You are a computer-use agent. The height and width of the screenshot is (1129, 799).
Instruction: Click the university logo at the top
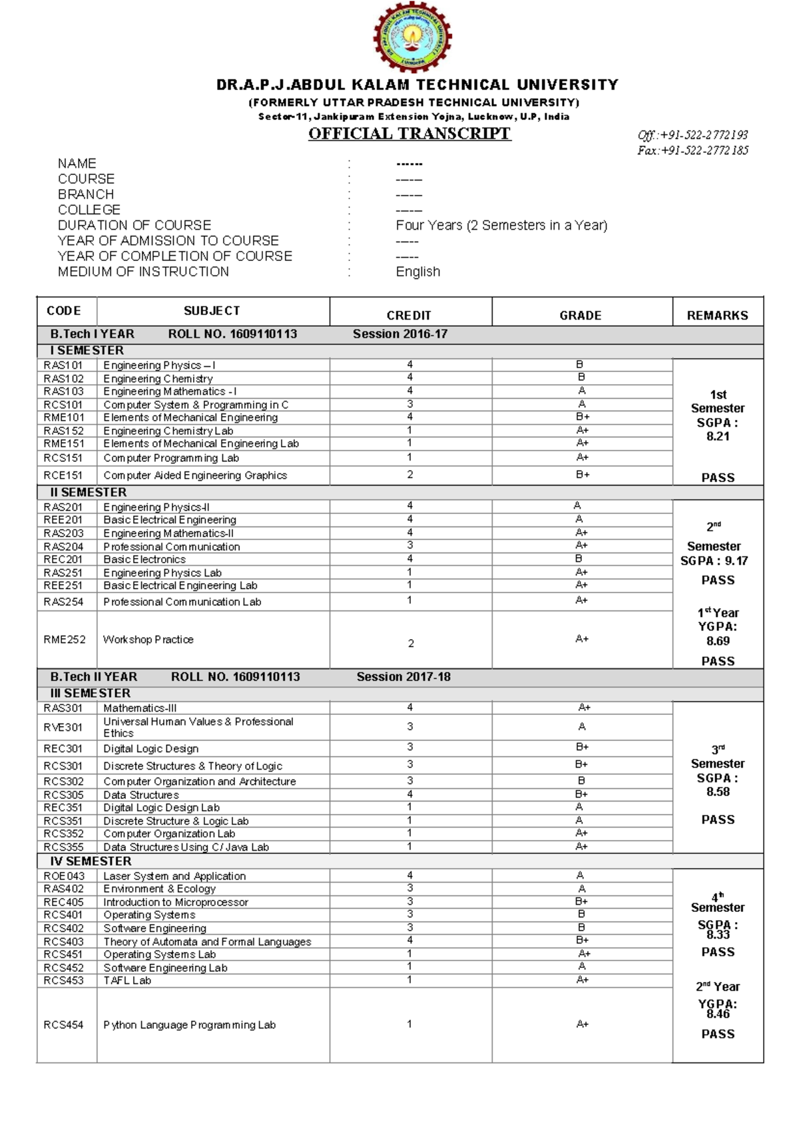tap(412, 37)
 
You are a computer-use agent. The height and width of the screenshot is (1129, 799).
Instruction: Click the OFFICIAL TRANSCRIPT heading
tap(409, 134)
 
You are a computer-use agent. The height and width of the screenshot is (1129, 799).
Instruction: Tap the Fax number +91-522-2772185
tap(692, 150)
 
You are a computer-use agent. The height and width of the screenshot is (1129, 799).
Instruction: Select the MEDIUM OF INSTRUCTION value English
tap(417, 272)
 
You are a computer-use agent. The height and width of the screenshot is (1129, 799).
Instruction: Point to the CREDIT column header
tap(409, 316)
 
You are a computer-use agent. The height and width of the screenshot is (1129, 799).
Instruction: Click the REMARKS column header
tap(717, 316)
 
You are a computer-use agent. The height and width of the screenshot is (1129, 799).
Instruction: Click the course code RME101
tap(64, 417)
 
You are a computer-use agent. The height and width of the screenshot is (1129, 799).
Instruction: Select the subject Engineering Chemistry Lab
tap(168, 431)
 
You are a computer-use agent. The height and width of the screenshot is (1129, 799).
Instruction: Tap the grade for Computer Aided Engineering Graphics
tap(583, 475)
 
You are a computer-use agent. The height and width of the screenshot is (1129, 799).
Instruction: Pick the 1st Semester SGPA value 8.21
tap(718, 437)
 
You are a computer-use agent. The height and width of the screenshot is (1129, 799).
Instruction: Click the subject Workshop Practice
tap(148, 640)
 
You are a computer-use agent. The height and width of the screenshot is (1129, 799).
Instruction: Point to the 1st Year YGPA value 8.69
tap(718, 641)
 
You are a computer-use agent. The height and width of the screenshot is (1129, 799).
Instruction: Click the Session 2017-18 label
tap(403, 677)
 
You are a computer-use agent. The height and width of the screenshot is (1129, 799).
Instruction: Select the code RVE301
tap(63, 728)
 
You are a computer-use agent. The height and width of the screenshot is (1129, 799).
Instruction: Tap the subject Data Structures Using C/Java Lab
tap(186, 847)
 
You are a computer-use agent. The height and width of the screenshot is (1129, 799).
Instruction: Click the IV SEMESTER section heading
tap(91, 861)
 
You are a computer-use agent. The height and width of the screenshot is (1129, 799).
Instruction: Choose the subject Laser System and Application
tap(174, 876)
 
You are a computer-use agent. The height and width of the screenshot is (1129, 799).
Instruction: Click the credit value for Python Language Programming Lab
tap(409, 1024)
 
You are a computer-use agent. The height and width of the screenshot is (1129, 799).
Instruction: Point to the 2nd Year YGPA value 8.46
tap(718, 1015)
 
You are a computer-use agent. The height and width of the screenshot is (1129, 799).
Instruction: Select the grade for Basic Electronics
tap(579, 559)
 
